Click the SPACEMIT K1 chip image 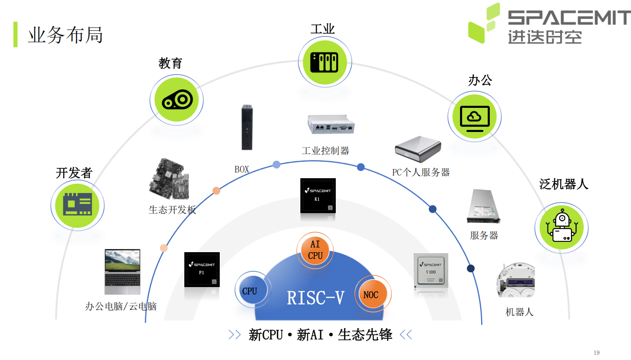pyautogui.click(x=318, y=196)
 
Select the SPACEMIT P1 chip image pyautogui.click(x=202, y=270)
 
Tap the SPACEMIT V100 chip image pyautogui.click(x=431, y=271)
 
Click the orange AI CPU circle pyautogui.click(x=315, y=250)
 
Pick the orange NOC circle pyautogui.click(x=373, y=294)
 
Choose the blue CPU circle pyautogui.click(x=253, y=290)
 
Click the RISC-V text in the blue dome pyautogui.click(x=315, y=298)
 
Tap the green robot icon pyautogui.click(x=561, y=228)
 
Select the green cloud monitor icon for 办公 pyautogui.click(x=474, y=117)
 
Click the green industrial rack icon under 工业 pyautogui.click(x=325, y=62)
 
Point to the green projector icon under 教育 pyautogui.click(x=177, y=100)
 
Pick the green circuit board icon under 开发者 pyautogui.click(x=78, y=205)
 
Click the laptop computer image pyautogui.click(x=123, y=272)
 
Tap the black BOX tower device pyautogui.click(x=247, y=127)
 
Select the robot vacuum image pyautogui.click(x=515, y=280)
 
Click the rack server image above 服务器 pyautogui.click(x=484, y=206)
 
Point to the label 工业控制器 pyautogui.click(x=326, y=150)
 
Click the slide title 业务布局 pyautogui.click(x=65, y=35)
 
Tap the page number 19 pyautogui.click(x=597, y=353)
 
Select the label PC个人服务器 pyautogui.click(x=421, y=172)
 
